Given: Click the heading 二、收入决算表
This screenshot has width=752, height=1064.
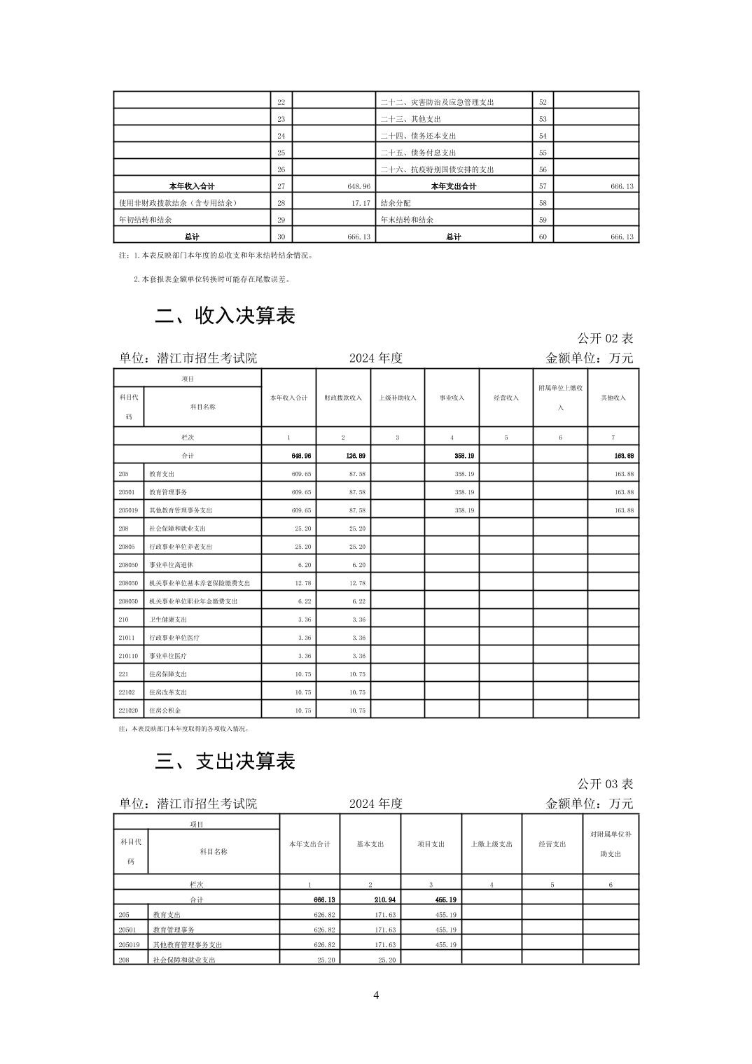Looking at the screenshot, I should click(225, 316).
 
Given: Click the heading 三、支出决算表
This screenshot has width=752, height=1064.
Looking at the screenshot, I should click(225, 761).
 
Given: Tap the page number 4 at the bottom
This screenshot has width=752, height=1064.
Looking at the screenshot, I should click(376, 995).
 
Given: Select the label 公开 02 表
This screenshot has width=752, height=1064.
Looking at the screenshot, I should click(605, 338).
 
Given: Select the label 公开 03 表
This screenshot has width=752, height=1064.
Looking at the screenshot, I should click(605, 783).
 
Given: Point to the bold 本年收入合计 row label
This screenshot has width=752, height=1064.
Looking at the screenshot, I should click(192, 186).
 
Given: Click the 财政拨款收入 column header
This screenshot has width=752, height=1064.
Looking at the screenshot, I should click(343, 398).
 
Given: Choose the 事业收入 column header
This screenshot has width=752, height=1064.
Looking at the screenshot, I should click(452, 398).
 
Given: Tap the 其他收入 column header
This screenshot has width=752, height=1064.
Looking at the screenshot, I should click(613, 398).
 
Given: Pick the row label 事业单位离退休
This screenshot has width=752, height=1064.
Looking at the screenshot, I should click(166, 565).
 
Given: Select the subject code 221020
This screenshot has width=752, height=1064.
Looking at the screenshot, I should click(129, 710).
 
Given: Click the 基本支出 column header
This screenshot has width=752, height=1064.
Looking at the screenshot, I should click(370, 844).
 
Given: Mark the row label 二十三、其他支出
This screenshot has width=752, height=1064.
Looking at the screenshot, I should click(411, 119).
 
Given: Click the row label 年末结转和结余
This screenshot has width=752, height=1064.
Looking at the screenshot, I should click(407, 220).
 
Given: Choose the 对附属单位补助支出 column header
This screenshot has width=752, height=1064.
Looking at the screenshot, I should click(611, 844).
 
